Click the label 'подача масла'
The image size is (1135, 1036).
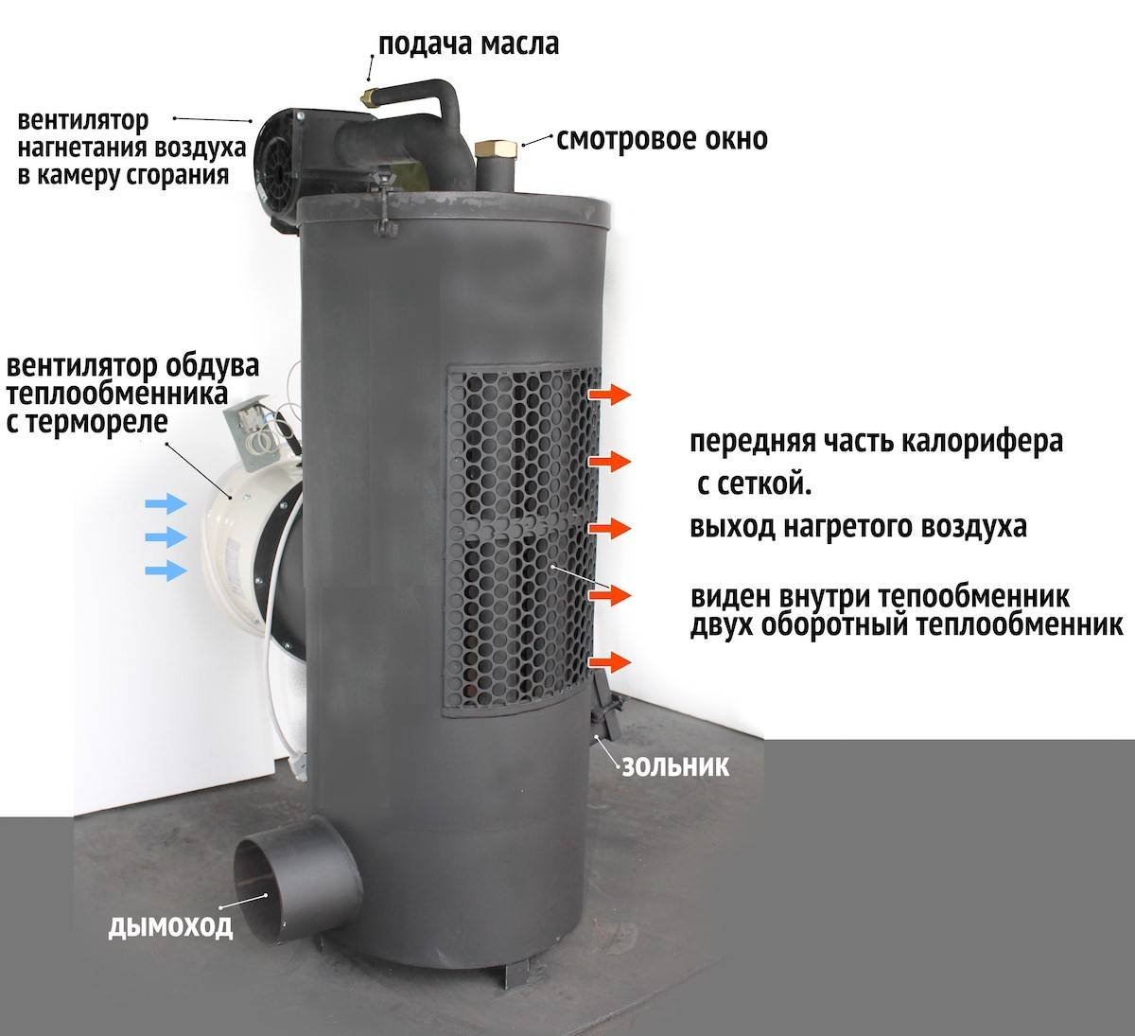pos(468,44)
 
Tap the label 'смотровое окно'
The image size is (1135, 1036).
pos(662,139)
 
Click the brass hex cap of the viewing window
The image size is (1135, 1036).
pos(496,149)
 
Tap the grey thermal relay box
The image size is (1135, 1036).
pos(255,430)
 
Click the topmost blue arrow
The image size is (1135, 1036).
pos(166,502)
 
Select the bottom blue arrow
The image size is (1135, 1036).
pos(166,571)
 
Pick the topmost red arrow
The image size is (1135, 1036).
pos(609,395)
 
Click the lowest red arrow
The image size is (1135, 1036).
pos(609,662)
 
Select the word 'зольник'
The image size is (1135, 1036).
pos(675,767)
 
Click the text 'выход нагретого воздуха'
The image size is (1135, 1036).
pos(858,526)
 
